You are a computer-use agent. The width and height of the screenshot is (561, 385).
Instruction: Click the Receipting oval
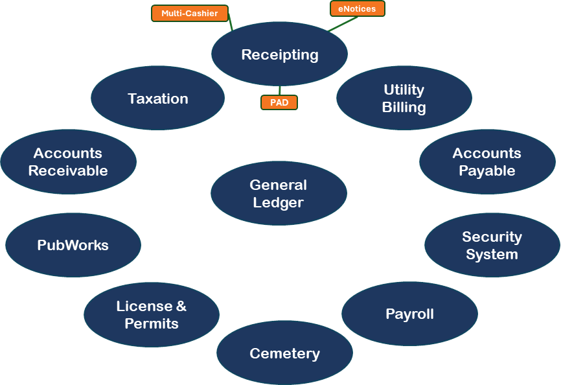[279, 54]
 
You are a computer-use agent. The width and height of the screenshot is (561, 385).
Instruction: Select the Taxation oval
[158, 99]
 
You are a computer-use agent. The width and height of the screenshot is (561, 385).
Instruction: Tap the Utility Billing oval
[404, 98]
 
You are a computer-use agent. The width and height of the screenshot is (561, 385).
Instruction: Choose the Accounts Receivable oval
[68, 161]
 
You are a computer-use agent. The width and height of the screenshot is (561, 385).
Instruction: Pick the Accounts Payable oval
[487, 161]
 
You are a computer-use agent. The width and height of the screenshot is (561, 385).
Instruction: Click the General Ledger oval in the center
[279, 193]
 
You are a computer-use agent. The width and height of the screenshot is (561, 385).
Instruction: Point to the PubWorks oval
[73, 245]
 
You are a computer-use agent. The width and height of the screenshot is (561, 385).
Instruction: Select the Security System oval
[492, 246]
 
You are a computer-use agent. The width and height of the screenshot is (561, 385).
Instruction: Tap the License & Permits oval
[152, 314]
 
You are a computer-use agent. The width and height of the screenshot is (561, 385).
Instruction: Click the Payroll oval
[409, 314]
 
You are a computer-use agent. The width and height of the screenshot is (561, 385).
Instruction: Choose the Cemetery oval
[284, 353]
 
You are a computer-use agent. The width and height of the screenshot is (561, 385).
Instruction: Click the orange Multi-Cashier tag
[190, 13]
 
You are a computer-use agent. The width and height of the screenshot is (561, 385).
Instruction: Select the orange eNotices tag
[357, 8]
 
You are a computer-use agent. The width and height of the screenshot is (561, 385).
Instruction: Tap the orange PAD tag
[279, 102]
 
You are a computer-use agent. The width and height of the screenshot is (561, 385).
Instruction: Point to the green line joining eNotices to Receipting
[342, 24]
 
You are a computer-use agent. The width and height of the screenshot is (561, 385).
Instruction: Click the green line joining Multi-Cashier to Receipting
[230, 24]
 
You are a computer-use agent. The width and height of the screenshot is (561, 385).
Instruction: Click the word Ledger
[279, 202]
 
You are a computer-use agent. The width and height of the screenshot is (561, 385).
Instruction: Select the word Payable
[487, 171]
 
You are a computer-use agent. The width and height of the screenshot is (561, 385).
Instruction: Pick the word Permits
[152, 323]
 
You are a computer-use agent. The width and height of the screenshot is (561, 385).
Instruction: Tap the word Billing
[404, 107]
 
